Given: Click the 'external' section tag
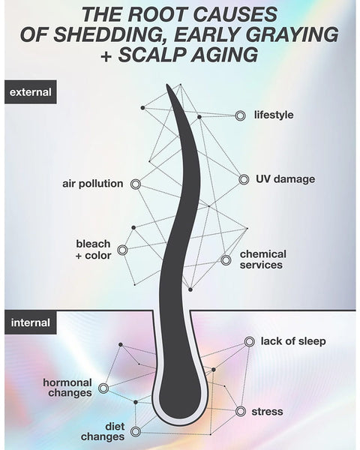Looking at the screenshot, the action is click(31, 92).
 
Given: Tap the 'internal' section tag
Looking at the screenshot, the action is click(31, 322).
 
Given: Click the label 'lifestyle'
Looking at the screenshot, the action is click(274, 115).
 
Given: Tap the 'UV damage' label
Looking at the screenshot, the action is click(285, 179).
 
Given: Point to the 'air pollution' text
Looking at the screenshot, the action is click(93, 184).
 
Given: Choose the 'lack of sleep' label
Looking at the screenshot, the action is click(293, 341).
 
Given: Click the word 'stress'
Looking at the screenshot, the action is click(267, 412).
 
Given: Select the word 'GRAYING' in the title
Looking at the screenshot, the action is click(294, 34).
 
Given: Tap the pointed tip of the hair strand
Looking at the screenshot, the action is click(167, 85).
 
